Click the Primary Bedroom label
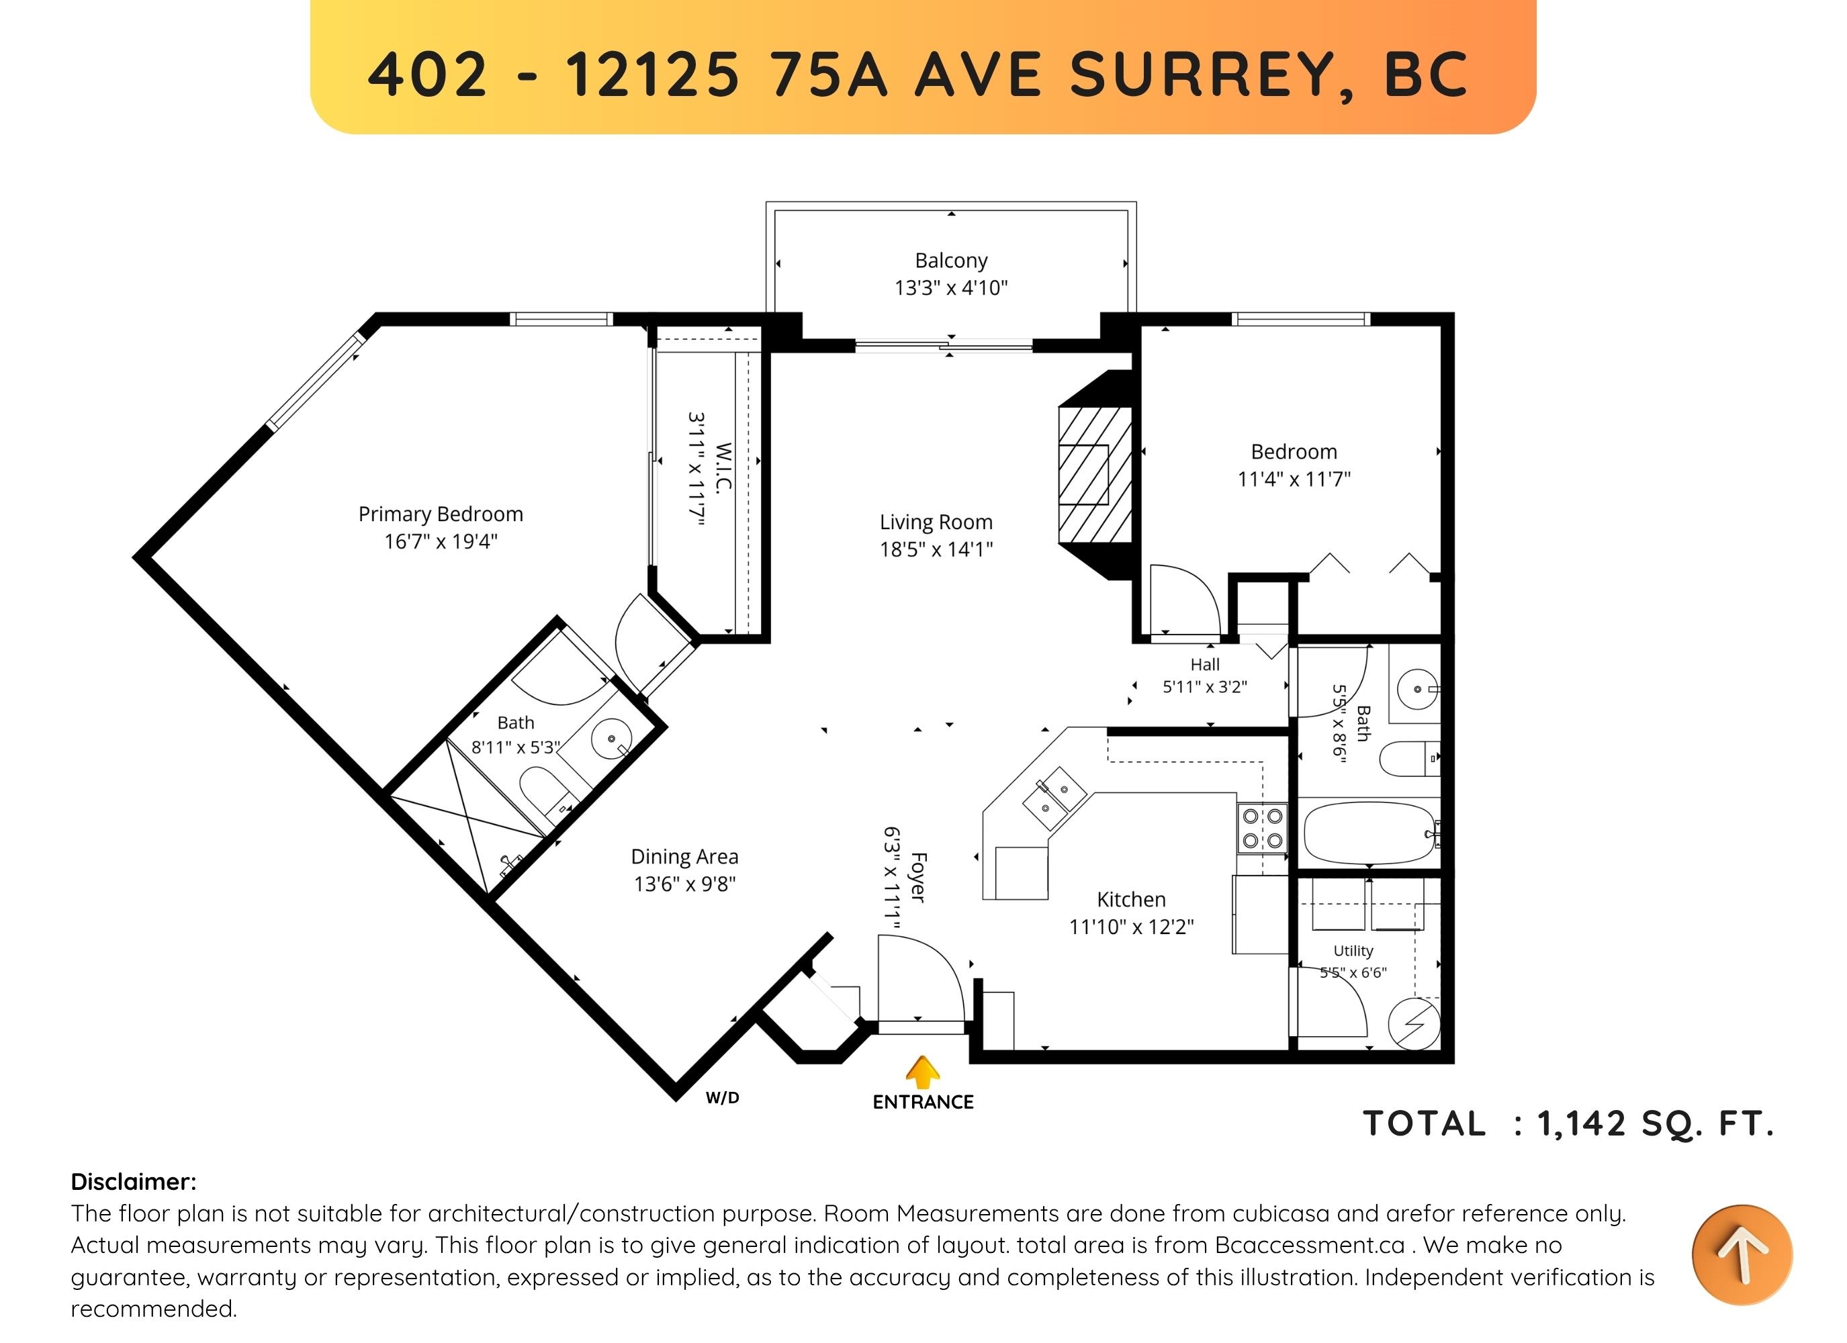click(441, 514)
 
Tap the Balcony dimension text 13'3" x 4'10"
click(950, 287)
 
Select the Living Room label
click(936, 522)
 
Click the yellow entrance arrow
click(923, 1072)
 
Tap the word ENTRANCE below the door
click(923, 1102)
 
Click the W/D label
click(723, 1098)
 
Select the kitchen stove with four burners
click(1262, 827)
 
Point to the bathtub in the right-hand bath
click(1369, 833)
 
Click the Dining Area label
click(684, 857)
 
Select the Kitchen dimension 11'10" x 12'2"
click(1131, 927)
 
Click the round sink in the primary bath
click(612, 739)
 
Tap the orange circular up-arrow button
click(1742, 1254)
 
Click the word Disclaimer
click(134, 1182)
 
